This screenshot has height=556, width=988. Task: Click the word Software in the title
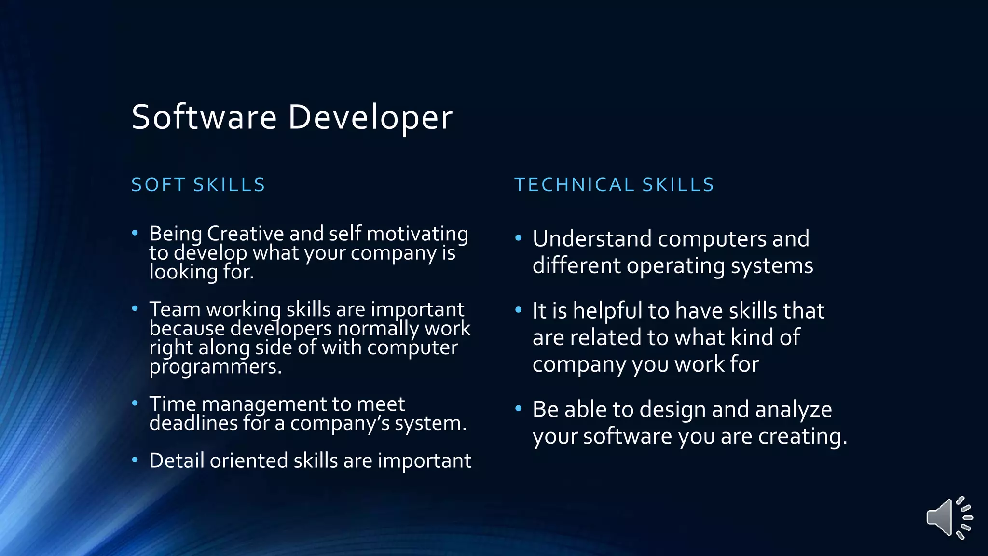click(204, 117)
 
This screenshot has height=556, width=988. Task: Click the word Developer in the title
click(370, 117)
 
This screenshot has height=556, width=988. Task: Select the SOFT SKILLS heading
click(198, 185)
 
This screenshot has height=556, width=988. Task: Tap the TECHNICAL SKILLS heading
click(614, 185)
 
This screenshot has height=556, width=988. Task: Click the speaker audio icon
click(948, 518)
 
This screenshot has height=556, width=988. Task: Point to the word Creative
click(246, 234)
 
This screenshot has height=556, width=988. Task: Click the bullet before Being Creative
click(135, 234)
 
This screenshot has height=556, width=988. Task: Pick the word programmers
click(215, 367)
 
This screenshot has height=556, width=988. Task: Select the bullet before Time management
click(135, 403)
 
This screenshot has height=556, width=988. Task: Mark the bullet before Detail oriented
click(135, 460)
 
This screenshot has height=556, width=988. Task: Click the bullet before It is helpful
click(519, 310)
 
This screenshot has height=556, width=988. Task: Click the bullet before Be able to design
click(519, 409)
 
